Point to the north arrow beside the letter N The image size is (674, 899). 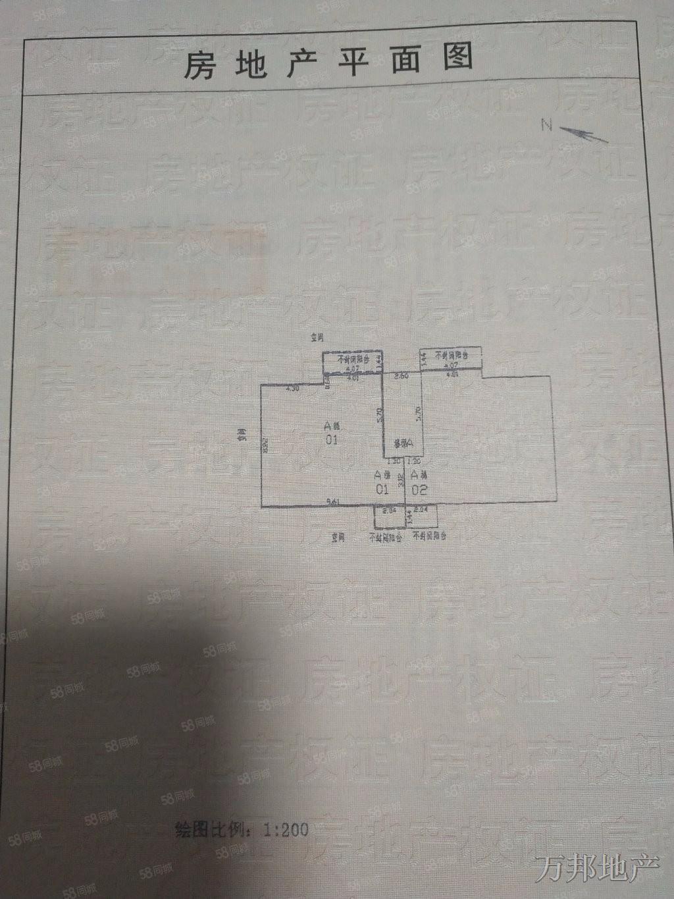point(585,135)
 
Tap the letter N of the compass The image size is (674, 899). point(546,126)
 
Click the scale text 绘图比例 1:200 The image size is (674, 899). point(242,828)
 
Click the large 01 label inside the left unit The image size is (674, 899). point(331,439)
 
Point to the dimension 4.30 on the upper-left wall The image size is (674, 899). point(292,389)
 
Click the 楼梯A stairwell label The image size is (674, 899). point(402,443)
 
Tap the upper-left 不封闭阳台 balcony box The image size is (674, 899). point(352,362)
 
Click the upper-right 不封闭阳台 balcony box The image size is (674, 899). point(452,358)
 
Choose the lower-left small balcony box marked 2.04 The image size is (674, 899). point(389,516)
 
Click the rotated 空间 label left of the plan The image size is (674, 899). point(242,437)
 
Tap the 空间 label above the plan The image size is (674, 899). point(318,339)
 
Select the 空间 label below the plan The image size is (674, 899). point(340,537)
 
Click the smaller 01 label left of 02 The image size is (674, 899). point(380,489)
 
